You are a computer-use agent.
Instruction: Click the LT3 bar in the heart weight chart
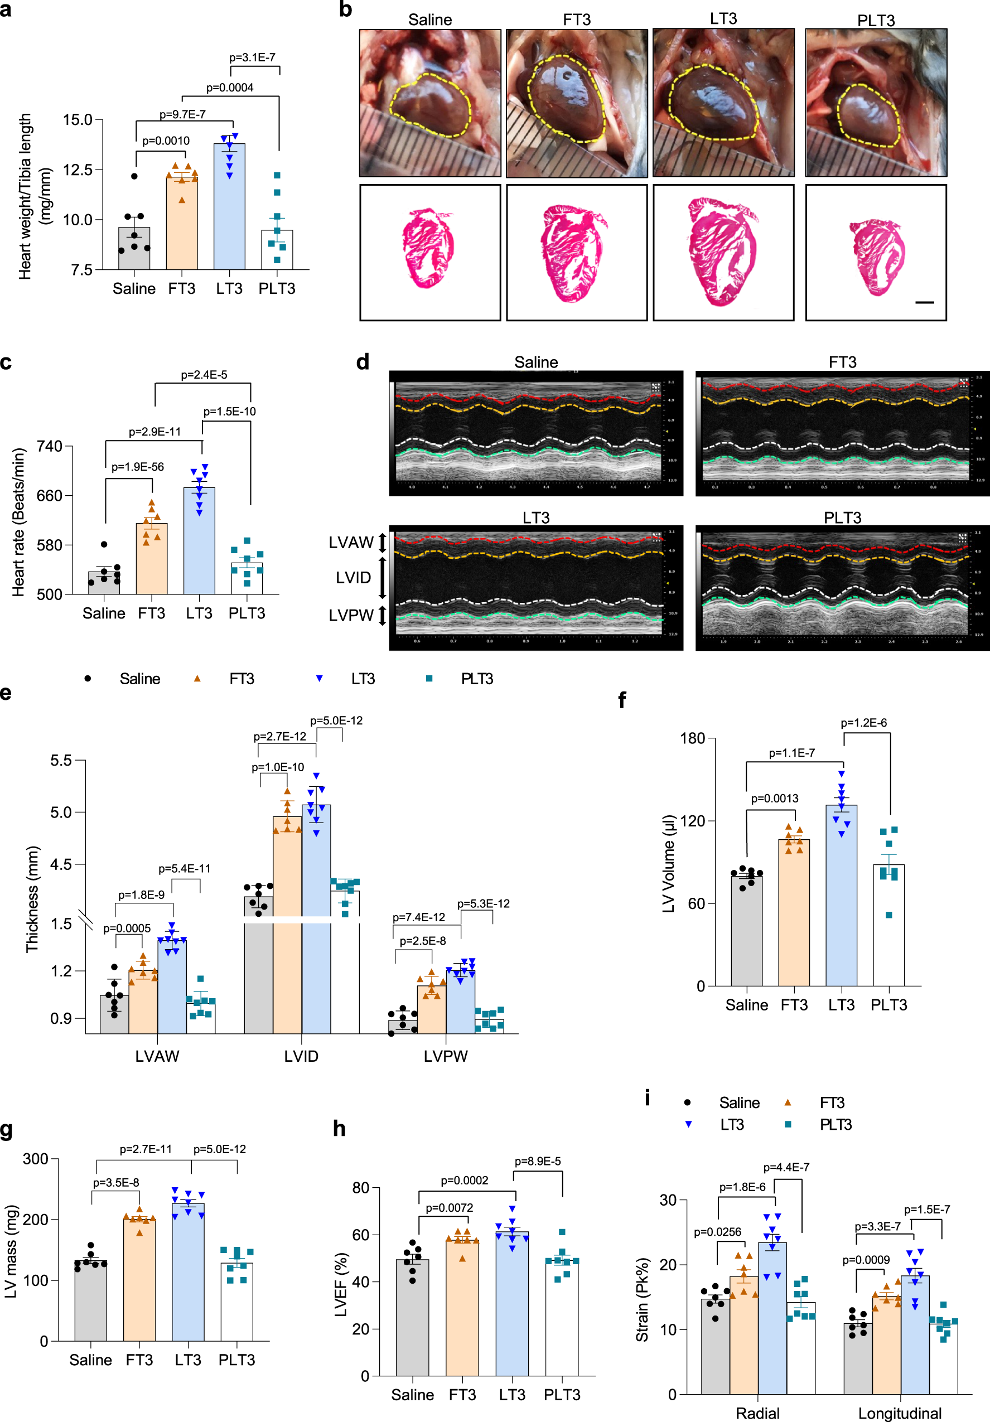[229, 207]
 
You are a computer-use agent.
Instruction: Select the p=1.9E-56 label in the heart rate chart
[138, 467]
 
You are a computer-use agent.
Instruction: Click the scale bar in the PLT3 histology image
[924, 302]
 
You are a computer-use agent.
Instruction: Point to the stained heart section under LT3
[723, 251]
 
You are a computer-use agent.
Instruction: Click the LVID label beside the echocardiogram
[353, 578]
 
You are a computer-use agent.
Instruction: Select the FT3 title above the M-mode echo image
[842, 362]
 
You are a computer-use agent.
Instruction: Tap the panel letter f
[622, 700]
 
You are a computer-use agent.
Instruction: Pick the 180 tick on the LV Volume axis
[692, 738]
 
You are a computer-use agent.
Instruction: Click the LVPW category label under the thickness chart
[446, 1056]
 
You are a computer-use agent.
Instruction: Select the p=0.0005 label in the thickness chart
[127, 928]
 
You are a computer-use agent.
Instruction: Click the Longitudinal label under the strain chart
[900, 1413]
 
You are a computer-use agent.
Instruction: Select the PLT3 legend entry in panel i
[835, 1124]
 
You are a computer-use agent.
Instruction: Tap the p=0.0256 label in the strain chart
[717, 1232]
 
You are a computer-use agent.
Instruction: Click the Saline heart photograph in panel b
[430, 103]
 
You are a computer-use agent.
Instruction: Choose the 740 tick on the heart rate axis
[50, 447]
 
